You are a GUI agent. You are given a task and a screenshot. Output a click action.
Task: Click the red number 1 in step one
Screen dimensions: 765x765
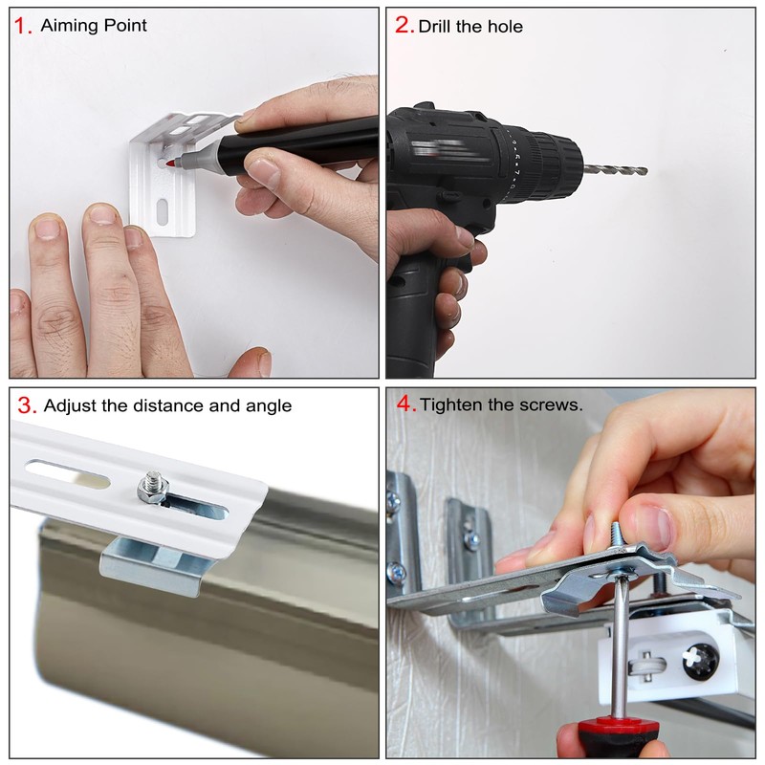click(21, 26)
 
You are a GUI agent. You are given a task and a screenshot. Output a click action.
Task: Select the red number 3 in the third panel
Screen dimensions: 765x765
click(27, 405)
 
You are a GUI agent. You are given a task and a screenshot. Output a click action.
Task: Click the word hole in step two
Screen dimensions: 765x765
click(505, 27)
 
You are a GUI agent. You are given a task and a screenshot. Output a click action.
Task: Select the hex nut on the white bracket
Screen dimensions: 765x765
click(153, 488)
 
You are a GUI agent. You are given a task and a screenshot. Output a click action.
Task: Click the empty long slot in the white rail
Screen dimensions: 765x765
click(67, 473)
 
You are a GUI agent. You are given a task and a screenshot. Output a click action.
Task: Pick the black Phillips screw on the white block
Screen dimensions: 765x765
click(701, 662)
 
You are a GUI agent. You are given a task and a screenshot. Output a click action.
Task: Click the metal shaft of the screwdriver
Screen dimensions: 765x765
click(620, 645)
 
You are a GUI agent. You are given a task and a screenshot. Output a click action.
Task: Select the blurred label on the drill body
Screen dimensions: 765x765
click(443, 148)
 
